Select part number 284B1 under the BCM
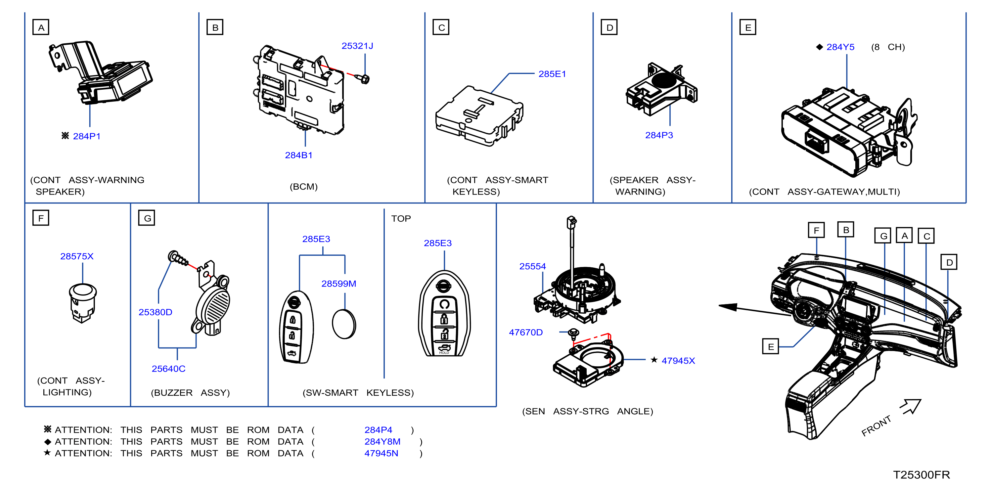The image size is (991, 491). click(298, 155)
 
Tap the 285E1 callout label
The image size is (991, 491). click(552, 74)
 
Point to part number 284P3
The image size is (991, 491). click(659, 135)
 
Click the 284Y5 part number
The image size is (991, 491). click(840, 47)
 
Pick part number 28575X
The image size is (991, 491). click(77, 256)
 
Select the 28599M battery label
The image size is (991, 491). click(338, 284)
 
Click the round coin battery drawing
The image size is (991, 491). click(344, 324)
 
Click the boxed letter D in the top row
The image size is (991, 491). click(609, 27)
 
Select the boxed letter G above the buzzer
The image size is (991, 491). click(147, 218)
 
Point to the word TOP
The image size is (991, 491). click(401, 219)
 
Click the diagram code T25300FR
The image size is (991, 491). click(922, 474)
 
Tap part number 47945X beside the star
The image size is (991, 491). click(678, 361)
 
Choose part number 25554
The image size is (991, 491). click(532, 266)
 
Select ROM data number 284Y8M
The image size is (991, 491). click(383, 441)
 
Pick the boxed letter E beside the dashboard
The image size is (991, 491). click(771, 346)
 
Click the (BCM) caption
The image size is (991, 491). click(303, 187)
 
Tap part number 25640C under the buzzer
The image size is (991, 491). click(168, 369)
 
